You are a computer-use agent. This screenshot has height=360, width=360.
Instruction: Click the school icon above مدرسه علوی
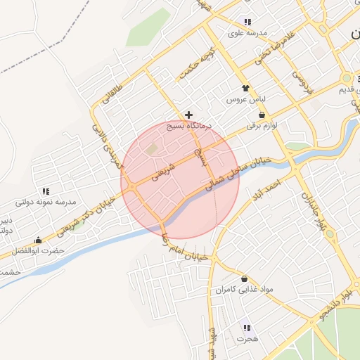pos(247,22)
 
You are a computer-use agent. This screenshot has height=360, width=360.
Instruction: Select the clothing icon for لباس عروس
pos(245,89)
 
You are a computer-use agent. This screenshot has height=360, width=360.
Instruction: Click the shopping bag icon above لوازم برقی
pos(262,115)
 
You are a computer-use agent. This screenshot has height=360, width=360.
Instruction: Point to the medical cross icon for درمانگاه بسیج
pos(188,115)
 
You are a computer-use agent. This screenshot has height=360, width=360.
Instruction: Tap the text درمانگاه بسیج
pos(188,127)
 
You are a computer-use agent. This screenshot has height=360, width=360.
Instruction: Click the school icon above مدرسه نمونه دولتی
pos(46,191)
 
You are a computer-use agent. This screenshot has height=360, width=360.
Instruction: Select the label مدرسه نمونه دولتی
pos(46,202)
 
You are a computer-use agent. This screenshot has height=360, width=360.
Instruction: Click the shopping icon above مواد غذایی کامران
pos(244,278)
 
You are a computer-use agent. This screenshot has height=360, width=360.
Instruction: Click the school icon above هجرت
pos(246,328)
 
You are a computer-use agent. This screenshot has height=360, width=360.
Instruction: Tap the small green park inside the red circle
pos(153,148)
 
